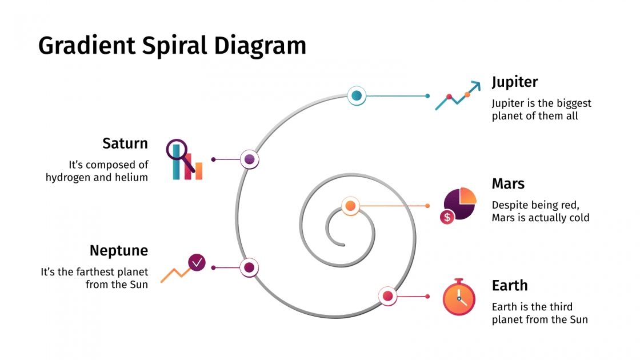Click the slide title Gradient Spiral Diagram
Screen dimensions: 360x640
[x=172, y=46]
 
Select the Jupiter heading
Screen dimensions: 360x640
[x=514, y=82]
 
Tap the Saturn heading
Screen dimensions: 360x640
[x=125, y=143]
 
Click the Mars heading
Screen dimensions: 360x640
[x=508, y=184]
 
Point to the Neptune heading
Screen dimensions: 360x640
[x=118, y=250]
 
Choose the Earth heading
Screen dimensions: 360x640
[x=509, y=285]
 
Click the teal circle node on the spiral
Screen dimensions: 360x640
[x=357, y=95]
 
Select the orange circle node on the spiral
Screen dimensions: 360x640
[x=350, y=206]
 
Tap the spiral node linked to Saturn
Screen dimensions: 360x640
[x=250, y=159]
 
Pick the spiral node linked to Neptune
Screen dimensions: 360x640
[x=249, y=267]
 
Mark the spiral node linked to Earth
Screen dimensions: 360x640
[x=387, y=296]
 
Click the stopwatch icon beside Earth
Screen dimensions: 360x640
[x=458, y=298]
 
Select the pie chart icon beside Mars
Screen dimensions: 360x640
[x=461, y=202]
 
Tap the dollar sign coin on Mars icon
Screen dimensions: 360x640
[x=447, y=217]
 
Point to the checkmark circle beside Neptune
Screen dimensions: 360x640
[x=197, y=262]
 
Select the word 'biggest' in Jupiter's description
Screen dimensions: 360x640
[x=573, y=103]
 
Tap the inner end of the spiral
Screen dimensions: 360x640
[x=343, y=245]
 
